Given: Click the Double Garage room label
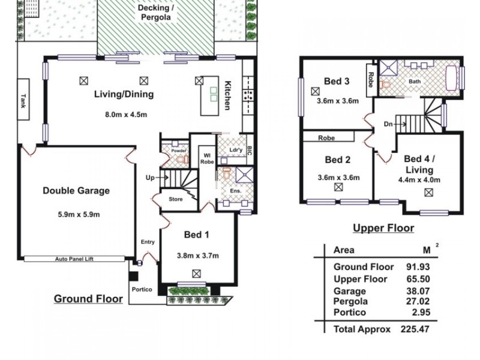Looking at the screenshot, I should (x=76, y=191).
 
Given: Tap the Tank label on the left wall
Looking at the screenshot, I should (x=23, y=99).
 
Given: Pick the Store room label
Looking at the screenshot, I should (x=175, y=199).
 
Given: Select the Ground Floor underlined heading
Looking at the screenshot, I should (x=88, y=299).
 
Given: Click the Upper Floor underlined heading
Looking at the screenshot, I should (x=383, y=228).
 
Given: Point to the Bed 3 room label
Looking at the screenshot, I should (x=337, y=81).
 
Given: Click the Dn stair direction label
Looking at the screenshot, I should (x=388, y=125).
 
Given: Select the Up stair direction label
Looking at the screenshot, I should (x=150, y=178).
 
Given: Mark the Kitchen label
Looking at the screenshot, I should (x=227, y=95).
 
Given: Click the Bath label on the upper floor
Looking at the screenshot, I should (x=414, y=81).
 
